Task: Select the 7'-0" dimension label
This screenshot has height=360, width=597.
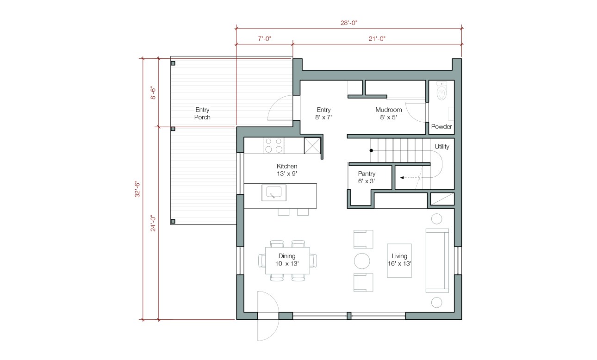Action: (x=264, y=39)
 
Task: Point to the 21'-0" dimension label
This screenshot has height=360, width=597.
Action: (x=377, y=39)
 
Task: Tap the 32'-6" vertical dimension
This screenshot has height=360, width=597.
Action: (x=137, y=189)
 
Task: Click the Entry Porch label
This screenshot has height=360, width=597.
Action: (x=202, y=113)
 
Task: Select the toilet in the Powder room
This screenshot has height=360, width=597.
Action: (x=442, y=92)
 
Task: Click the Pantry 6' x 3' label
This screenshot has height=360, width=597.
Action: (x=366, y=177)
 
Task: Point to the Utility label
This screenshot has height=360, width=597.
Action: (x=442, y=147)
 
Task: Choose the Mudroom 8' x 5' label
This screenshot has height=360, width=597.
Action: (x=388, y=113)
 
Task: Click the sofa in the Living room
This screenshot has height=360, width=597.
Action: (x=437, y=261)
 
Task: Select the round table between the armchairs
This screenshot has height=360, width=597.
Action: (x=362, y=261)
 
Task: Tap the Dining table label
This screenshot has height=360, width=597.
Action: (x=287, y=260)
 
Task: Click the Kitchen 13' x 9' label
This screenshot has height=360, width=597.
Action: (x=287, y=170)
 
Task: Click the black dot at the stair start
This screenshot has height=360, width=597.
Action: (x=371, y=150)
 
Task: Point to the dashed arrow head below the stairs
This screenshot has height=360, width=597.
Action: (x=402, y=177)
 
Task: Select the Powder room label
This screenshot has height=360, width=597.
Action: (x=442, y=126)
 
